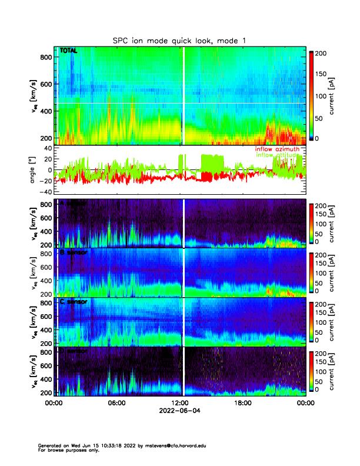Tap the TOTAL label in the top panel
(x=69, y=51)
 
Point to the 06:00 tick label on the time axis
(x=116, y=403)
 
